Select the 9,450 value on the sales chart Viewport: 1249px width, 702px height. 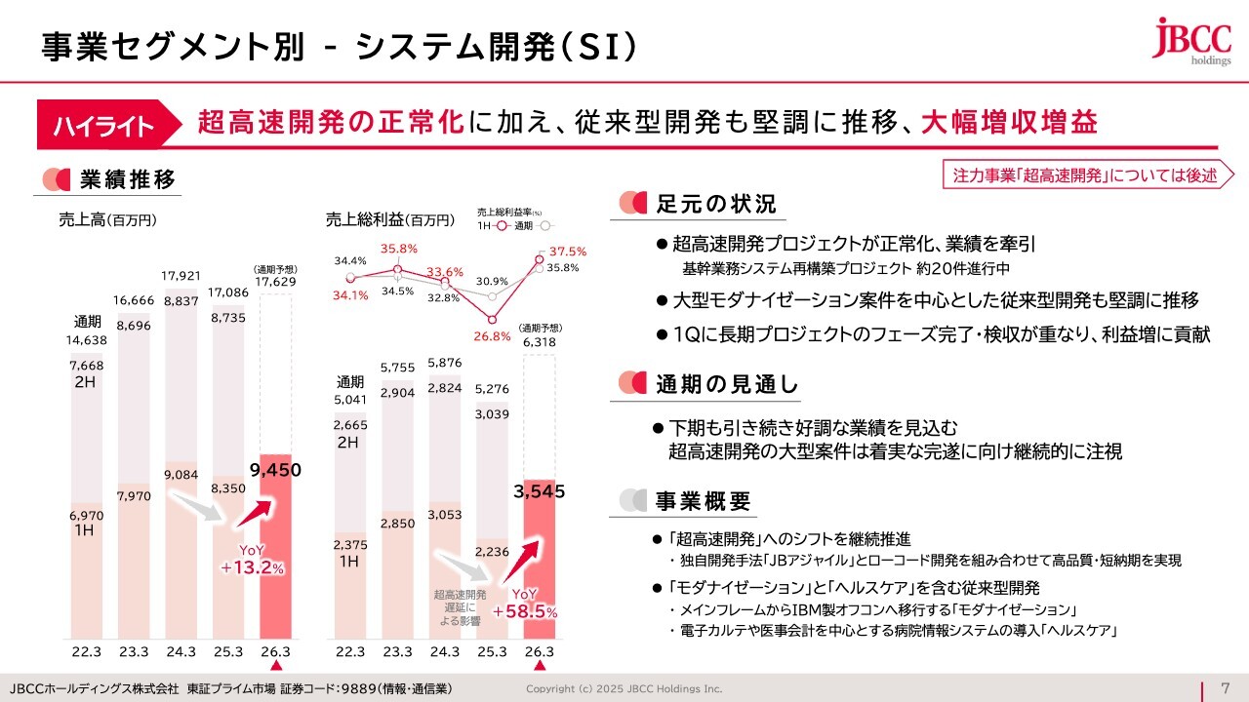[x=274, y=470]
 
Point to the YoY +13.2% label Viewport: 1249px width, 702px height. [x=252, y=560]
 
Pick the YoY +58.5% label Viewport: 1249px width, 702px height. [x=525, y=604]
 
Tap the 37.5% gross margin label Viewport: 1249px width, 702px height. [x=567, y=252]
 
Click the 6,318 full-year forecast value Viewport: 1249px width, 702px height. [x=540, y=342]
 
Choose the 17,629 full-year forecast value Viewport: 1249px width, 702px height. [x=274, y=283]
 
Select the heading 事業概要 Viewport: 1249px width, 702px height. [x=703, y=501]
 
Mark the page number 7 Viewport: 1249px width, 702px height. [x=1225, y=687]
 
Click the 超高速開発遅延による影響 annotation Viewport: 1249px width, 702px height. [x=461, y=606]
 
